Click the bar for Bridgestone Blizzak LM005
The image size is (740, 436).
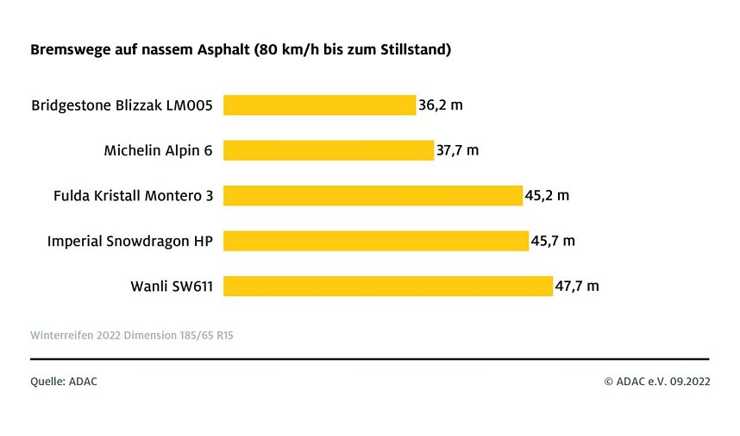click(319, 105)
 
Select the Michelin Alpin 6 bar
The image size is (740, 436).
click(329, 150)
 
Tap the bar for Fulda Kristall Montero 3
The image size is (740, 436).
click(373, 195)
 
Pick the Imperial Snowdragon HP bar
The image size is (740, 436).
click(375, 241)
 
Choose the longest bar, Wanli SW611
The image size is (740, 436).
click(387, 286)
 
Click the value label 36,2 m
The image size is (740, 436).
click(441, 105)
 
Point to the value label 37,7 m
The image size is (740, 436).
click(458, 150)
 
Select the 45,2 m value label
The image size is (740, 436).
click(548, 195)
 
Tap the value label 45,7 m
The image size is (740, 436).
click(553, 241)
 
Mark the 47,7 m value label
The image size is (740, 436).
click(577, 286)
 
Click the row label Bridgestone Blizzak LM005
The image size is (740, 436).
click(122, 106)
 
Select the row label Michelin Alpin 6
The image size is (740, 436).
click(158, 151)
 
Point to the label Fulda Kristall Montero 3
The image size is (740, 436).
click(133, 196)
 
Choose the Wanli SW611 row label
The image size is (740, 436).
click(171, 287)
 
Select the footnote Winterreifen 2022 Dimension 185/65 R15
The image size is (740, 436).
click(131, 334)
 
